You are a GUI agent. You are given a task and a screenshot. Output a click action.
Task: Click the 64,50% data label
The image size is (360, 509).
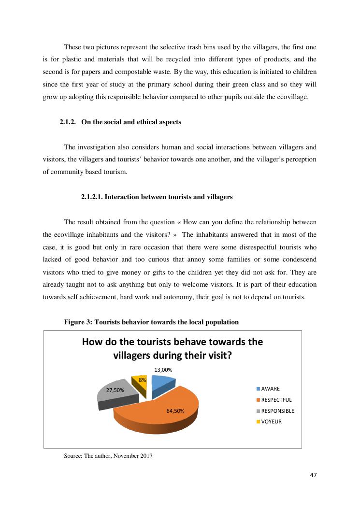pyautogui.click(x=175, y=411)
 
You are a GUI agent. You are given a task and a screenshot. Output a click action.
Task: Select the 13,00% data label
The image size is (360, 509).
pyautogui.click(x=163, y=370)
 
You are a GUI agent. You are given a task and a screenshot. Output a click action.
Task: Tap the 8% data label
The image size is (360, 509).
pyautogui.click(x=142, y=380)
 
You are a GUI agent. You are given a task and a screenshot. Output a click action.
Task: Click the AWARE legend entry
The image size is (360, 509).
pyautogui.click(x=270, y=389)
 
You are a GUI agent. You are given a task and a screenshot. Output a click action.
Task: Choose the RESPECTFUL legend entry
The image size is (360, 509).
pyautogui.click(x=276, y=400)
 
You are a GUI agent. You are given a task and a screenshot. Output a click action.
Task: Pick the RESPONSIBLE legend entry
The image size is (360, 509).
pyautogui.click(x=277, y=411)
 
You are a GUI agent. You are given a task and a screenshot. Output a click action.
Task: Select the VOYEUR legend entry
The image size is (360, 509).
pyautogui.click(x=271, y=422)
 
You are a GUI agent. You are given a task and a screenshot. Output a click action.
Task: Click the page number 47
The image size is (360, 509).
pyautogui.click(x=313, y=475)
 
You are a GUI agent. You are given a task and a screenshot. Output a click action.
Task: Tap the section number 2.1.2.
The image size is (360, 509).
pyautogui.click(x=68, y=122)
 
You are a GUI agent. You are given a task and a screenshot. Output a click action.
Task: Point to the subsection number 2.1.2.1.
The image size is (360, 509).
pyautogui.click(x=91, y=197)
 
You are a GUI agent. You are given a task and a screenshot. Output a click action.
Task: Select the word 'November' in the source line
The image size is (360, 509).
pyautogui.click(x=126, y=455)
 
